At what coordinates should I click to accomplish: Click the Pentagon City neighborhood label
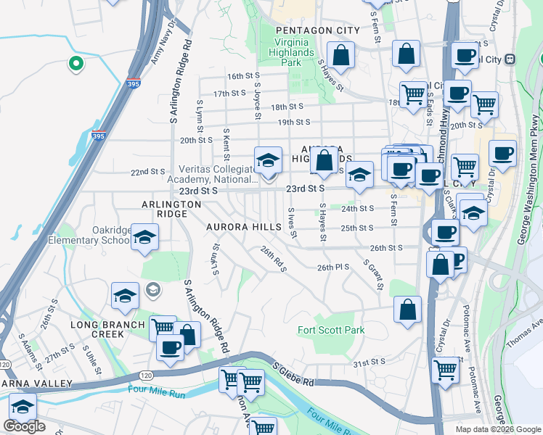tap(317, 30)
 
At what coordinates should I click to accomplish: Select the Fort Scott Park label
tap(331, 330)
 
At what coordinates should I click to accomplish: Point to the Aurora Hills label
tap(243, 227)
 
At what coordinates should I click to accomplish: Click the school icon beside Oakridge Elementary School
tap(144, 238)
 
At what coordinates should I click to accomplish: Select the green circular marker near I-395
tap(74, 65)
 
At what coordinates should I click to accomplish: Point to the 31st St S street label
tap(369, 362)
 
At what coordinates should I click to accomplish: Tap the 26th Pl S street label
tap(334, 268)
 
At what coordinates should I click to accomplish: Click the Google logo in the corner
tap(25, 427)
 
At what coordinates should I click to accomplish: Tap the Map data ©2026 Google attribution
tap(497, 429)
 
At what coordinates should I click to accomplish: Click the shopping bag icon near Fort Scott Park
tap(408, 307)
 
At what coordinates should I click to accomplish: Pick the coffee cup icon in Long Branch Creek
tap(170, 347)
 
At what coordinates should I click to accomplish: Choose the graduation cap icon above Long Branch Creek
tap(125, 294)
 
